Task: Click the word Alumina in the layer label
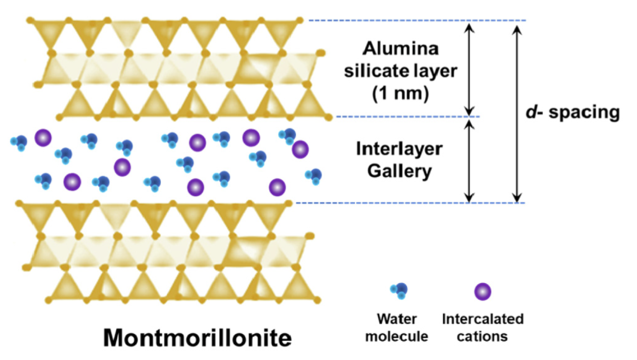click(x=400, y=48)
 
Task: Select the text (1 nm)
click(x=400, y=93)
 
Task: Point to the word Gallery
click(x=399, y=171)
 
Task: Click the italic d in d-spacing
click(x=531, y=112)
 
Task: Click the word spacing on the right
click(x=584, y=113)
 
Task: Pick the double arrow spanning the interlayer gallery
click(x=470, y=160)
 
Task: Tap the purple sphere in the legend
click(x=483, y=291)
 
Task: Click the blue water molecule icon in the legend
click(x=399, y=291)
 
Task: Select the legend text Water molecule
click(x=396, y=328)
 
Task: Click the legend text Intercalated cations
click(x=483, y=328)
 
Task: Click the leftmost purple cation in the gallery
click(x=43, y=138)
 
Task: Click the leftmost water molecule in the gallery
click(x=19, y=142)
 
